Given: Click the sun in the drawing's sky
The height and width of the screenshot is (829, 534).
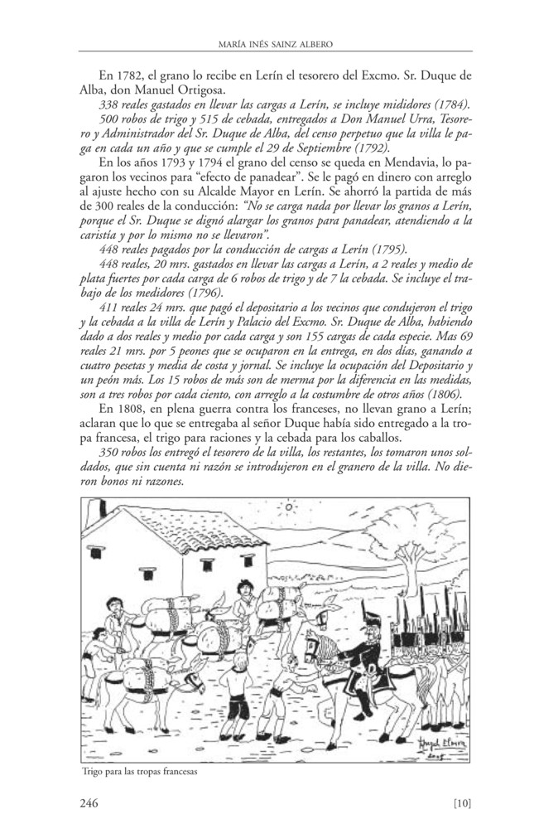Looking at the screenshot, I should [290, 506].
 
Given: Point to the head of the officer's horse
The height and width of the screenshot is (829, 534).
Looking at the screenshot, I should [315, 644].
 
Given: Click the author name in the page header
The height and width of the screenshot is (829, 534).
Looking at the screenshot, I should [267, 44].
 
